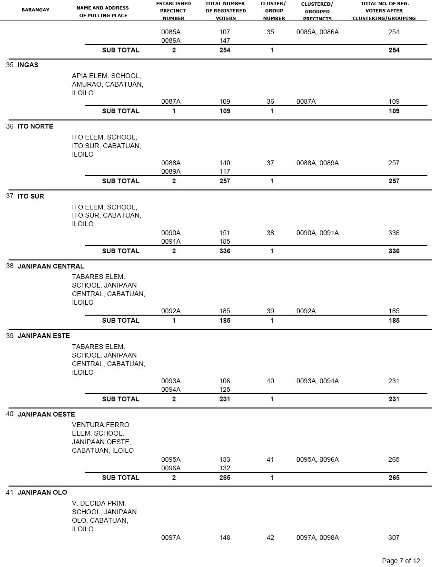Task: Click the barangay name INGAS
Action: tap(28, 65)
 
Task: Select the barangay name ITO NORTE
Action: tap(35, 127)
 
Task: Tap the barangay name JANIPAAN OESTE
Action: tap(46, 414)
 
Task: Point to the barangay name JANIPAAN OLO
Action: tap(42, 492)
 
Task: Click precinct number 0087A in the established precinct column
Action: tap(171, 102)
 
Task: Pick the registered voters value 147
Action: tap(225, 41)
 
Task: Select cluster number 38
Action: tap(270, 233)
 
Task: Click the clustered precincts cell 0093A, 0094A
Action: tap(317, 381)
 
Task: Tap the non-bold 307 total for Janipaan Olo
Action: tap(394, 538)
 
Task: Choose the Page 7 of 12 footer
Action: tap(401, 561)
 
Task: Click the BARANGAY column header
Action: tap(35, 10)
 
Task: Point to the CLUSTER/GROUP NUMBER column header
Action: tap(273, 11)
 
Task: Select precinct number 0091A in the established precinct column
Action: tap(171, 242)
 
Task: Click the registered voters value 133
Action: tap(225, 460)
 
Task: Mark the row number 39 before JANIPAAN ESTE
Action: tap(10, 336)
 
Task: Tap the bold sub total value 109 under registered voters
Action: tap(225, 111)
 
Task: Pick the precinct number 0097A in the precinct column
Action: tap(171, 538)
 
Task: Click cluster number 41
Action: tap(270, 460)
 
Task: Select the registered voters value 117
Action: tap(225, 172)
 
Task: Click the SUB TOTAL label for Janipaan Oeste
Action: tap(120, 478)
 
